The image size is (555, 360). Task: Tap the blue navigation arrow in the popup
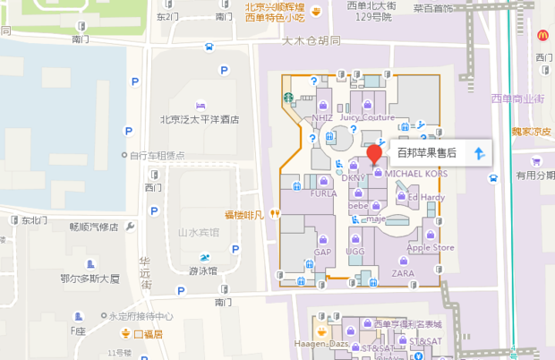click(x=479, y=154)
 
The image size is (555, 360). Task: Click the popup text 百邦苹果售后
click(x=428, y=154)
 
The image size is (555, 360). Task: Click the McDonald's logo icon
click(x=542, y=35)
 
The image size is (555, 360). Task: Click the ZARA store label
click(x=403, y=272)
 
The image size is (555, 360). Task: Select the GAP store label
click(x=323, y=253)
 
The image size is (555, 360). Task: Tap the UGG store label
click(x=355, y=253)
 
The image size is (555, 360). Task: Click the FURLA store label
click(x=323, y=193)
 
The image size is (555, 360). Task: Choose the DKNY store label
click(x=354, y=178)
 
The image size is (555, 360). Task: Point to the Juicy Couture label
click(x=367, y=117)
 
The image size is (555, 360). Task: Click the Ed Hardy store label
click(x=425, y=197)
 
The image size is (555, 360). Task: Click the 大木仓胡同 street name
click(x=312, y=41)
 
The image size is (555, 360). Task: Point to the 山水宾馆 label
click(x=199, y=232)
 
